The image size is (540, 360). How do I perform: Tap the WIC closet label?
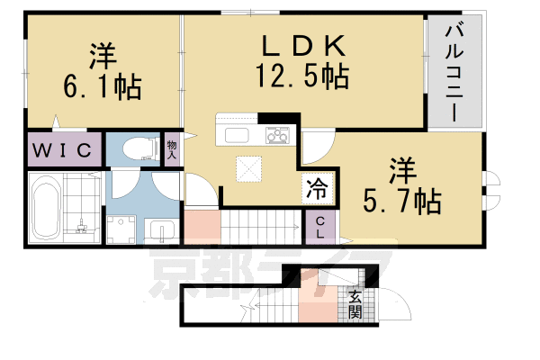pyautogui.click(x=62, y=148)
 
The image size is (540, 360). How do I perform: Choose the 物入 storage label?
pyautogui.click(x=171, y=148)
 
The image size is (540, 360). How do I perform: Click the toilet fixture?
pyautogui.click(x=135, y=148)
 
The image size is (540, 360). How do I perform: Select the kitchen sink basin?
pyautogui.click(x=238, y=136)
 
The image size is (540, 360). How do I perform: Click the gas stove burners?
pyautogui.click(x=277, y=136)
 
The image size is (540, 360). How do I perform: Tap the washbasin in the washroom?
pyautogui.click(x=162, y=229)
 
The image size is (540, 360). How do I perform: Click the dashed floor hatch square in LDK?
pyautogui.click(x=248, y=169)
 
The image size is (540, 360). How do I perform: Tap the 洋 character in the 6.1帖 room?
pyautogui.click(x=100, y=57)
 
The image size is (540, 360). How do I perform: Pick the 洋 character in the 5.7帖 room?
pyautogui.click(x=402, y=169)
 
